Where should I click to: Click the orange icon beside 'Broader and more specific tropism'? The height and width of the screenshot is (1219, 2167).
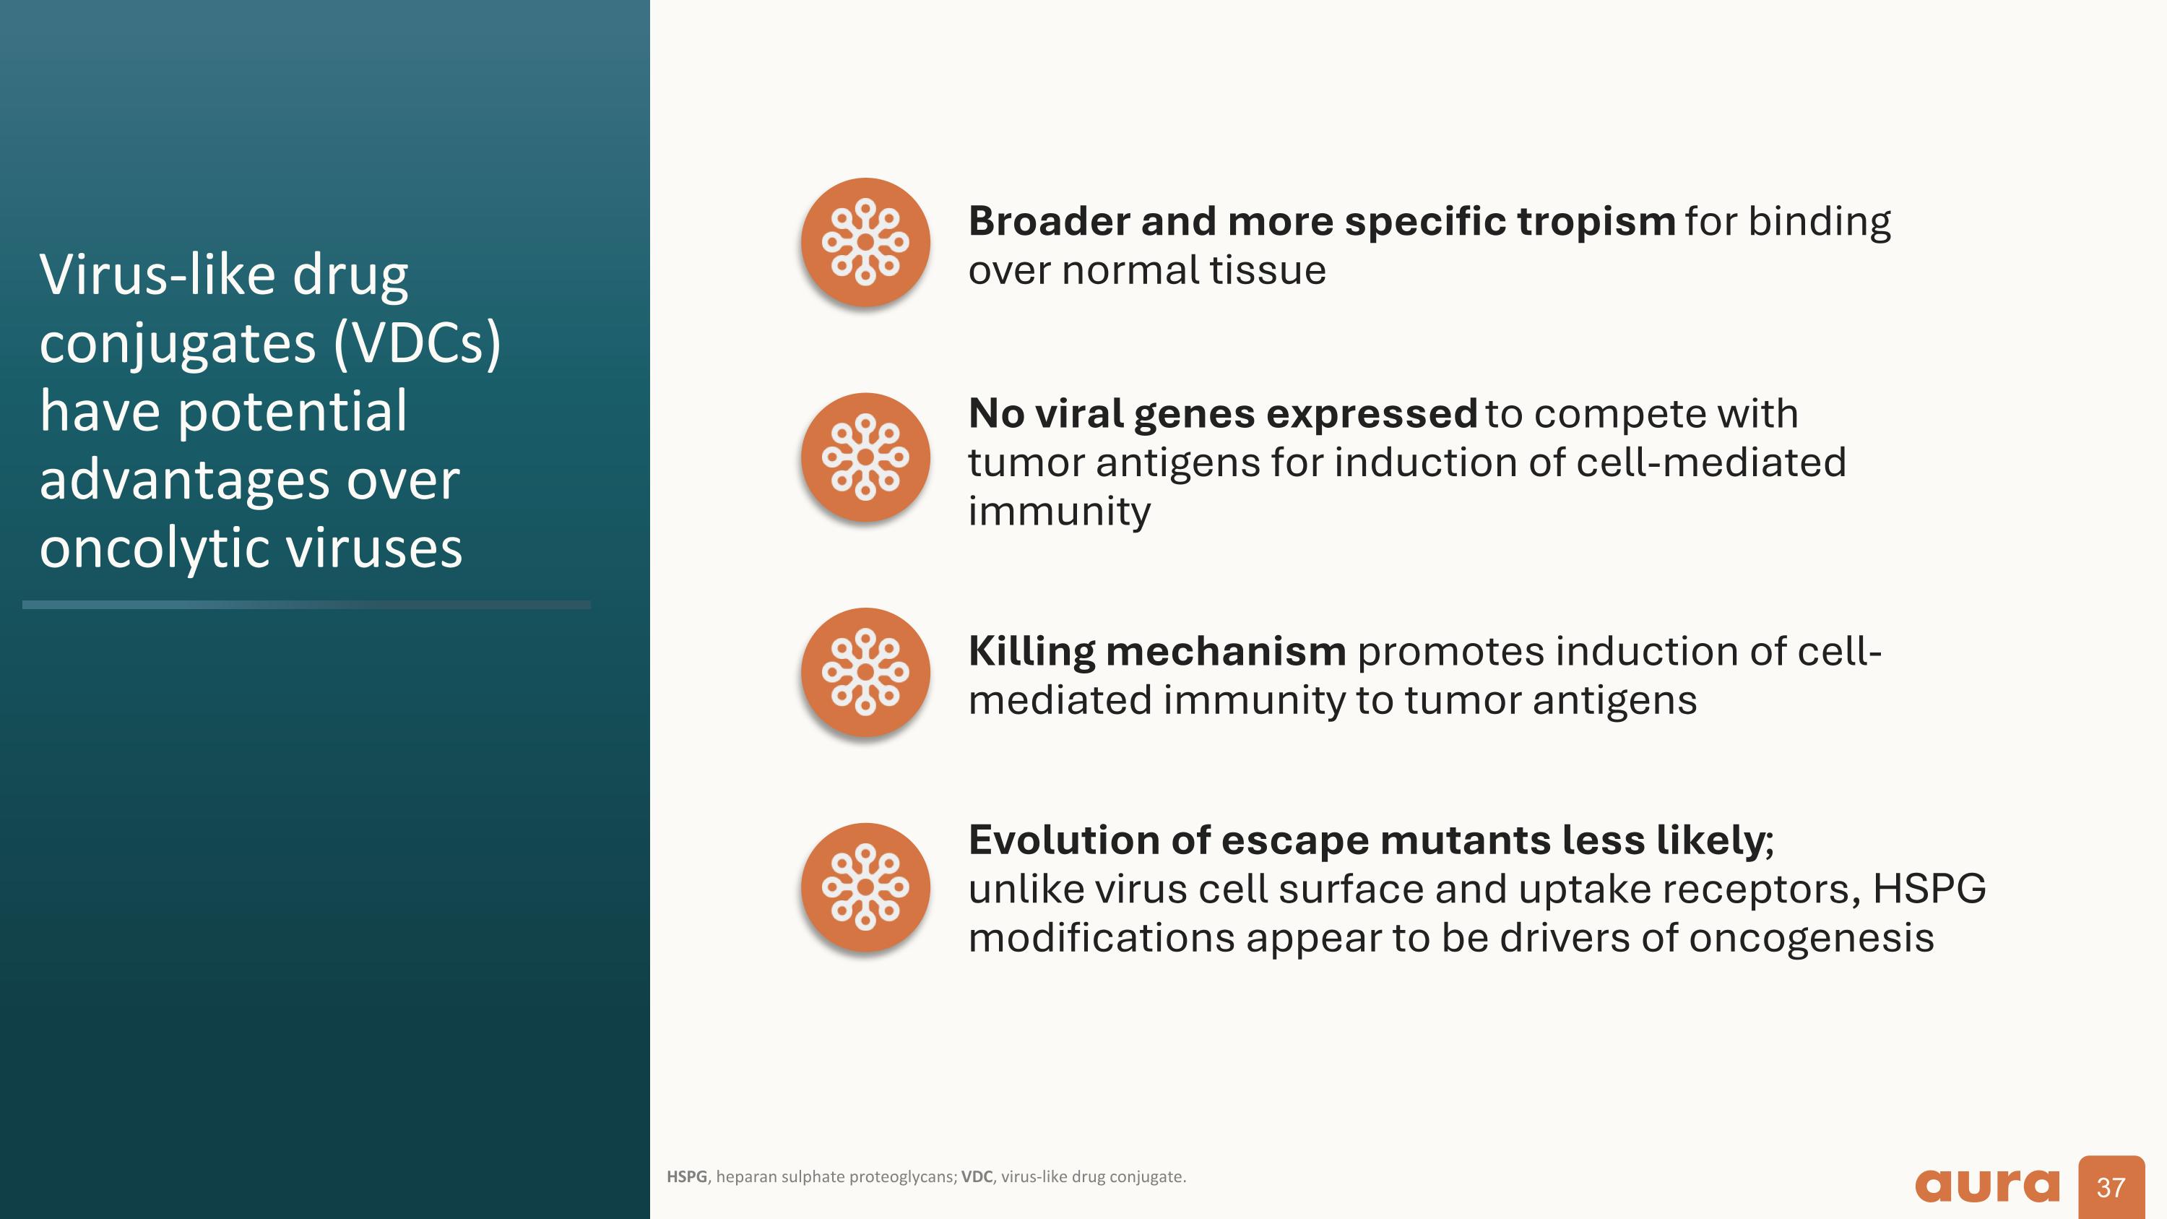(865, 242)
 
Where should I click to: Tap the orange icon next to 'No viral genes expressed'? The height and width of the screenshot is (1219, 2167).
(865, 457)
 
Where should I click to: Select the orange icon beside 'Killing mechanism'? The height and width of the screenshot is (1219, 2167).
(865, 672)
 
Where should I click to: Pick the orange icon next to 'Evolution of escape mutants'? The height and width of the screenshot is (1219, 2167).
(865, 887)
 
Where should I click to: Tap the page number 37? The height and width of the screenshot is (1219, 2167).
(2110, 1187)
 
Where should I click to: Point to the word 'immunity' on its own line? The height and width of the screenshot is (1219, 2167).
(1059, 512)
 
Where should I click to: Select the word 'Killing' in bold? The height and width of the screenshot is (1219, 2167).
(1031, 652)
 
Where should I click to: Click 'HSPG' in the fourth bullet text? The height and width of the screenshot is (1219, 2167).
(1929, 890)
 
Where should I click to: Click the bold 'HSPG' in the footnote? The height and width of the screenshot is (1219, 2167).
(686, 1177)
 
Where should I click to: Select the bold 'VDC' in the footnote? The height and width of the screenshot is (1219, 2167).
(976, 1177)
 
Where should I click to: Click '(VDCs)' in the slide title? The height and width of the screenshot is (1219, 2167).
(418, 343)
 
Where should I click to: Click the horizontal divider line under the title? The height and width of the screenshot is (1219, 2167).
(306, 604)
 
